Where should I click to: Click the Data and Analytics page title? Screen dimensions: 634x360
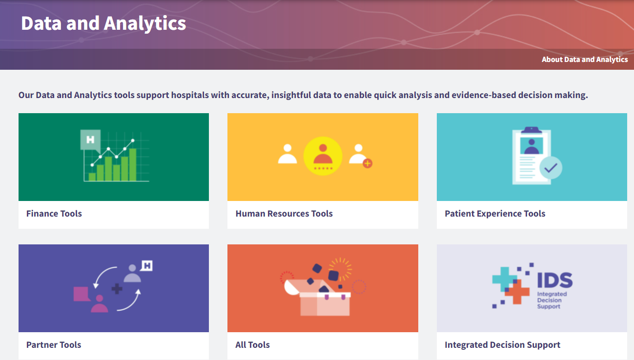(103, 23)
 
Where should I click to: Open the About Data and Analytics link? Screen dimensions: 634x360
(585, 60)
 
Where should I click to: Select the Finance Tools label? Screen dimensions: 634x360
(54, 214)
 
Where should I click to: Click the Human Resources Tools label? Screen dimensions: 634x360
(284, 214)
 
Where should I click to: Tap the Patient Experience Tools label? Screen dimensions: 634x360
(495, 214)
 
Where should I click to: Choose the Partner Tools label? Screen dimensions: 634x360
(54, 345)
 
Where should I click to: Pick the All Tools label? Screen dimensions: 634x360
(252, 345)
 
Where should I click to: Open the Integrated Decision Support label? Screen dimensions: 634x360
(502, 345)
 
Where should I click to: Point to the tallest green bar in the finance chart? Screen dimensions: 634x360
(133, 164)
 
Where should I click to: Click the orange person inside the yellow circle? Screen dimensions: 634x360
(323, 154)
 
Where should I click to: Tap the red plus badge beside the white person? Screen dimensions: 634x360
(368, 163)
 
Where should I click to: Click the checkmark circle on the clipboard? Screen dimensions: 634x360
(551, 168)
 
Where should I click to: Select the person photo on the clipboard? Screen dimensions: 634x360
(532, 146)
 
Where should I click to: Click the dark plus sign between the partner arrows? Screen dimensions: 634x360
(117, 289)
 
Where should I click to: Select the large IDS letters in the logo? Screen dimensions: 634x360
(555, 280)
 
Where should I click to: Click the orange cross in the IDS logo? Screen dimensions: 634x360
(517, 292)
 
